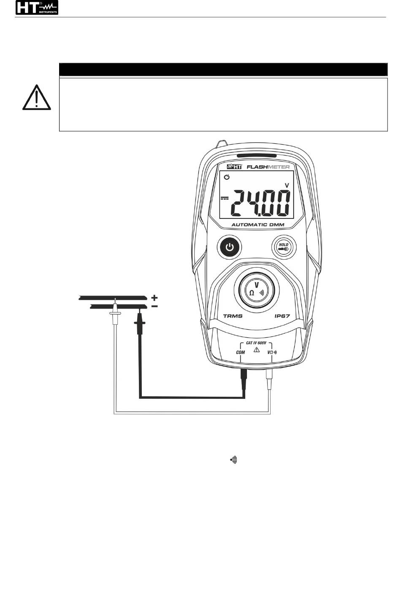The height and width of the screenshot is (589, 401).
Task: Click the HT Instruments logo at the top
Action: coord(37,8)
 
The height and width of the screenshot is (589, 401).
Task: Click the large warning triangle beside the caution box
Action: coord(37,98)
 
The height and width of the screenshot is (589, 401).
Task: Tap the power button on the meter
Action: coord(229,247)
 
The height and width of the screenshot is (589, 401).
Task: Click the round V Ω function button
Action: coord(257,289)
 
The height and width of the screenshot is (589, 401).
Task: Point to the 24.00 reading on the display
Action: coord(261,203)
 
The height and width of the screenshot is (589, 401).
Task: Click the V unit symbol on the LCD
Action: coord(287,185)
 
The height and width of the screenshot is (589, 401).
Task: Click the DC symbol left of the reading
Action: coord(225,198)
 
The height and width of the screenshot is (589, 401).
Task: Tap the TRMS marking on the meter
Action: coord(233,316)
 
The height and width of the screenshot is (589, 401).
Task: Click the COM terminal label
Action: coord(240,352)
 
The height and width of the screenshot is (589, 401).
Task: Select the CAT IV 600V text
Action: coord(256,343)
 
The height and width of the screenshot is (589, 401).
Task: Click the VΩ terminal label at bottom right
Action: coord(272,352)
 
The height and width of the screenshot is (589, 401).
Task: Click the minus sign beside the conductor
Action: coord(155,307)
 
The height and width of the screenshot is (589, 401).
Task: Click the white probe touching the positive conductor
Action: coord(114,314)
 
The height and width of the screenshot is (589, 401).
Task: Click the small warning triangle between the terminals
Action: coord(256,350)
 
